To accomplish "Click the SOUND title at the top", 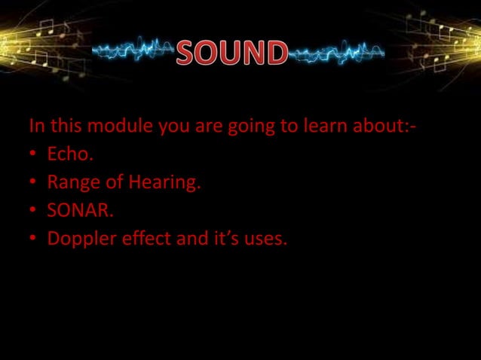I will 232,53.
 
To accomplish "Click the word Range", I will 70,182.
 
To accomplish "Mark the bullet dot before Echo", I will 34,155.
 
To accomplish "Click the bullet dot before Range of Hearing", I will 34,183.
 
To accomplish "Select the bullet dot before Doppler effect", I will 34,239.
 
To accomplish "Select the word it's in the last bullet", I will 224,239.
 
